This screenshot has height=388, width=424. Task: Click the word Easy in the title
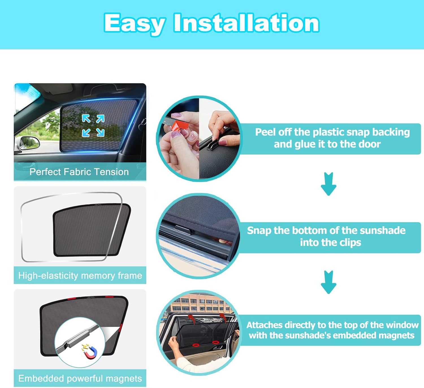[135, 24]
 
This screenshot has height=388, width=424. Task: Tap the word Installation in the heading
[246, 22]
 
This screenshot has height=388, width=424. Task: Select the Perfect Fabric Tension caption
[79, 172]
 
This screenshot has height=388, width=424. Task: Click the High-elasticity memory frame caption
[80, 276]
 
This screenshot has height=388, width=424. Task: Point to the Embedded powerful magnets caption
[80, 378]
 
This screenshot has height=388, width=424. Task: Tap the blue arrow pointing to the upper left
[86, 118]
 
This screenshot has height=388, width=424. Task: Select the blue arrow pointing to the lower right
[100, 133]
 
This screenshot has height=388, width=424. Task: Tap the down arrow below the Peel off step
[328, 184]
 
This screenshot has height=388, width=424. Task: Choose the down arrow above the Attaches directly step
[328, 282]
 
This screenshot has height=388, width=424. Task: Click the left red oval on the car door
[196, 345]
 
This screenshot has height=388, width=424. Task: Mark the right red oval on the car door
[215, 342]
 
